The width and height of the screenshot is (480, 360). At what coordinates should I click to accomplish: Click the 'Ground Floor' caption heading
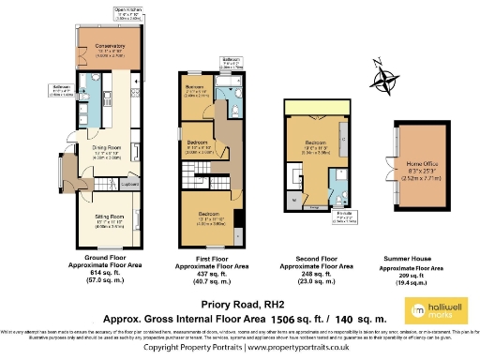[x=107, y=257]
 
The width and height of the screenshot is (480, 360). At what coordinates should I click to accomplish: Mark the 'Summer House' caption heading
[x=420, y=257]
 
